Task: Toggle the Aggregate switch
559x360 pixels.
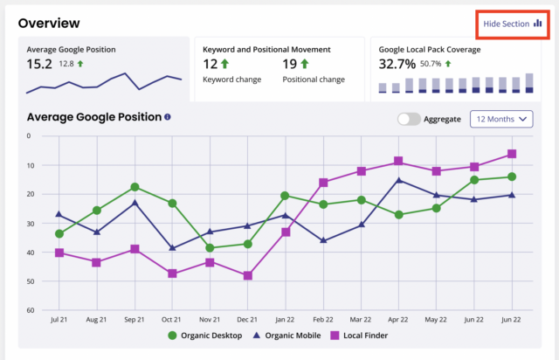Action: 408,119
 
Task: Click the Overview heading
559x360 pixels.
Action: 49,23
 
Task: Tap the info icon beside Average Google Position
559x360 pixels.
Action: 167,117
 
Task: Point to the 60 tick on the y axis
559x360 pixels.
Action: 29,310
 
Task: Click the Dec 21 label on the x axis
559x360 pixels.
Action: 248,322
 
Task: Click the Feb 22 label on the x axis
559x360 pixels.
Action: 323,322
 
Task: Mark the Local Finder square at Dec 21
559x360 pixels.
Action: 248,275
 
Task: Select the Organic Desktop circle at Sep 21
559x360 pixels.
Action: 135,187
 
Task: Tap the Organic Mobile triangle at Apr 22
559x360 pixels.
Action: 399,181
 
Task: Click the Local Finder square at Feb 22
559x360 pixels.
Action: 323,183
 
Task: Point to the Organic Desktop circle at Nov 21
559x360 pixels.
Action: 210,247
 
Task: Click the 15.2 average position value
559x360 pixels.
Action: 39,64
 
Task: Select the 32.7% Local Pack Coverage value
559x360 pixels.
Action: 397,64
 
